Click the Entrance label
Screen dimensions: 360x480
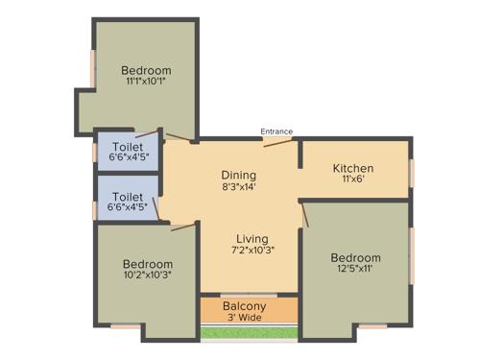[276, 132]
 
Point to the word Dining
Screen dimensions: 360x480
[239, 175]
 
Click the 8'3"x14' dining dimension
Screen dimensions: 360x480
[239, 188]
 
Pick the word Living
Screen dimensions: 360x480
[252, 238]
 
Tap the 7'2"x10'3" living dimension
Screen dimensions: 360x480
[252, 252]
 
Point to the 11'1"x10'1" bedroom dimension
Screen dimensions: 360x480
[147, 83]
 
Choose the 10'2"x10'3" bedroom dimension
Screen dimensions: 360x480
[148, 276]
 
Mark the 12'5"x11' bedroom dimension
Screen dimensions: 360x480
[355, 270]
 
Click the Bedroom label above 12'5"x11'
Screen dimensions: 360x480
[355, 257]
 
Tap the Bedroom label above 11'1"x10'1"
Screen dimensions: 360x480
[147, 70]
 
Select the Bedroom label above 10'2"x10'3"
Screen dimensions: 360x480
[148, 264]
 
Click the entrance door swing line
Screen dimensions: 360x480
[277, 141]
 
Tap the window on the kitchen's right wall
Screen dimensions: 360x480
[412, 171]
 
